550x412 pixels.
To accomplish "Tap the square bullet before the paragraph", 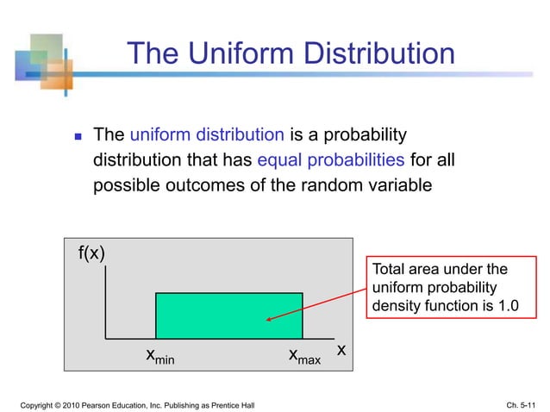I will (77, 136).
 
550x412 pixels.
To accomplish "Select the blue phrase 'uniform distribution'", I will (207, 135).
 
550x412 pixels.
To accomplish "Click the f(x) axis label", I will (92, 253).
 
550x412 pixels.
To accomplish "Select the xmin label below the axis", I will (159, 356).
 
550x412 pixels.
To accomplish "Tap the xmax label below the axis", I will (303, 356).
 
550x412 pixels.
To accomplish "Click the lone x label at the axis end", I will (341, 350).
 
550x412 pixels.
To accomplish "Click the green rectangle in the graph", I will (228, 315).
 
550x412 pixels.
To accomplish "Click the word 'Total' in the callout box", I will (388, 269).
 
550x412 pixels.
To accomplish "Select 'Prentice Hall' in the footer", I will (231, 403).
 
